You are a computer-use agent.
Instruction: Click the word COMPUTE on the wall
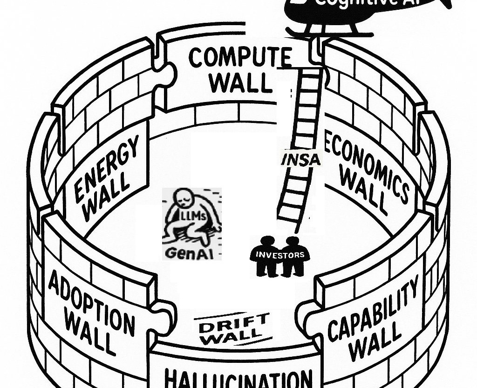click(239, 58)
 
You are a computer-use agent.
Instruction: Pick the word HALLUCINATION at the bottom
click(238, 378)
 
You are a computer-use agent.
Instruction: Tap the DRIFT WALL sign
click(233, 328)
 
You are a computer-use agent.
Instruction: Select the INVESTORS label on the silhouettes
click(279, 255)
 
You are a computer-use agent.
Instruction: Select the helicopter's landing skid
click(331, 34)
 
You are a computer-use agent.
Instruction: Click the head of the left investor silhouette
click(267, 243)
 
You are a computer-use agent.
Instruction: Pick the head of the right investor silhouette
click(292, 243)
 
